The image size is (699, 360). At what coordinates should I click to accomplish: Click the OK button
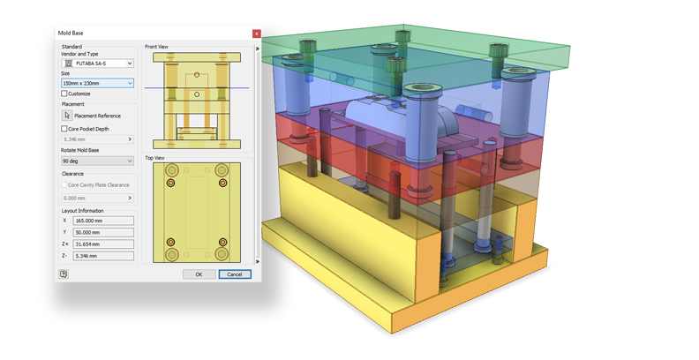199,274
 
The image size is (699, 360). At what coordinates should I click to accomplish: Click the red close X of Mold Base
256,34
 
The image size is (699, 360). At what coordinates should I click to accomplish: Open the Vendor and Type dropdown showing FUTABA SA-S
97,64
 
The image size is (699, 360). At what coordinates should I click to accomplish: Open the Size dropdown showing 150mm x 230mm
97,83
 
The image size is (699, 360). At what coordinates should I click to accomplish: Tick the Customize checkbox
64,94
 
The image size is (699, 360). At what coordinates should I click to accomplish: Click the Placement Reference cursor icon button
67,116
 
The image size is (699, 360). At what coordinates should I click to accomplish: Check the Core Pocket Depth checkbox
64,129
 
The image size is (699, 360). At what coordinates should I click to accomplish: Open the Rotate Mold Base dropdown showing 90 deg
97,161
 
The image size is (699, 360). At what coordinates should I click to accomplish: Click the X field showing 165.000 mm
103,221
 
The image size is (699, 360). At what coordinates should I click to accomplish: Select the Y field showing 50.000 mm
103,232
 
